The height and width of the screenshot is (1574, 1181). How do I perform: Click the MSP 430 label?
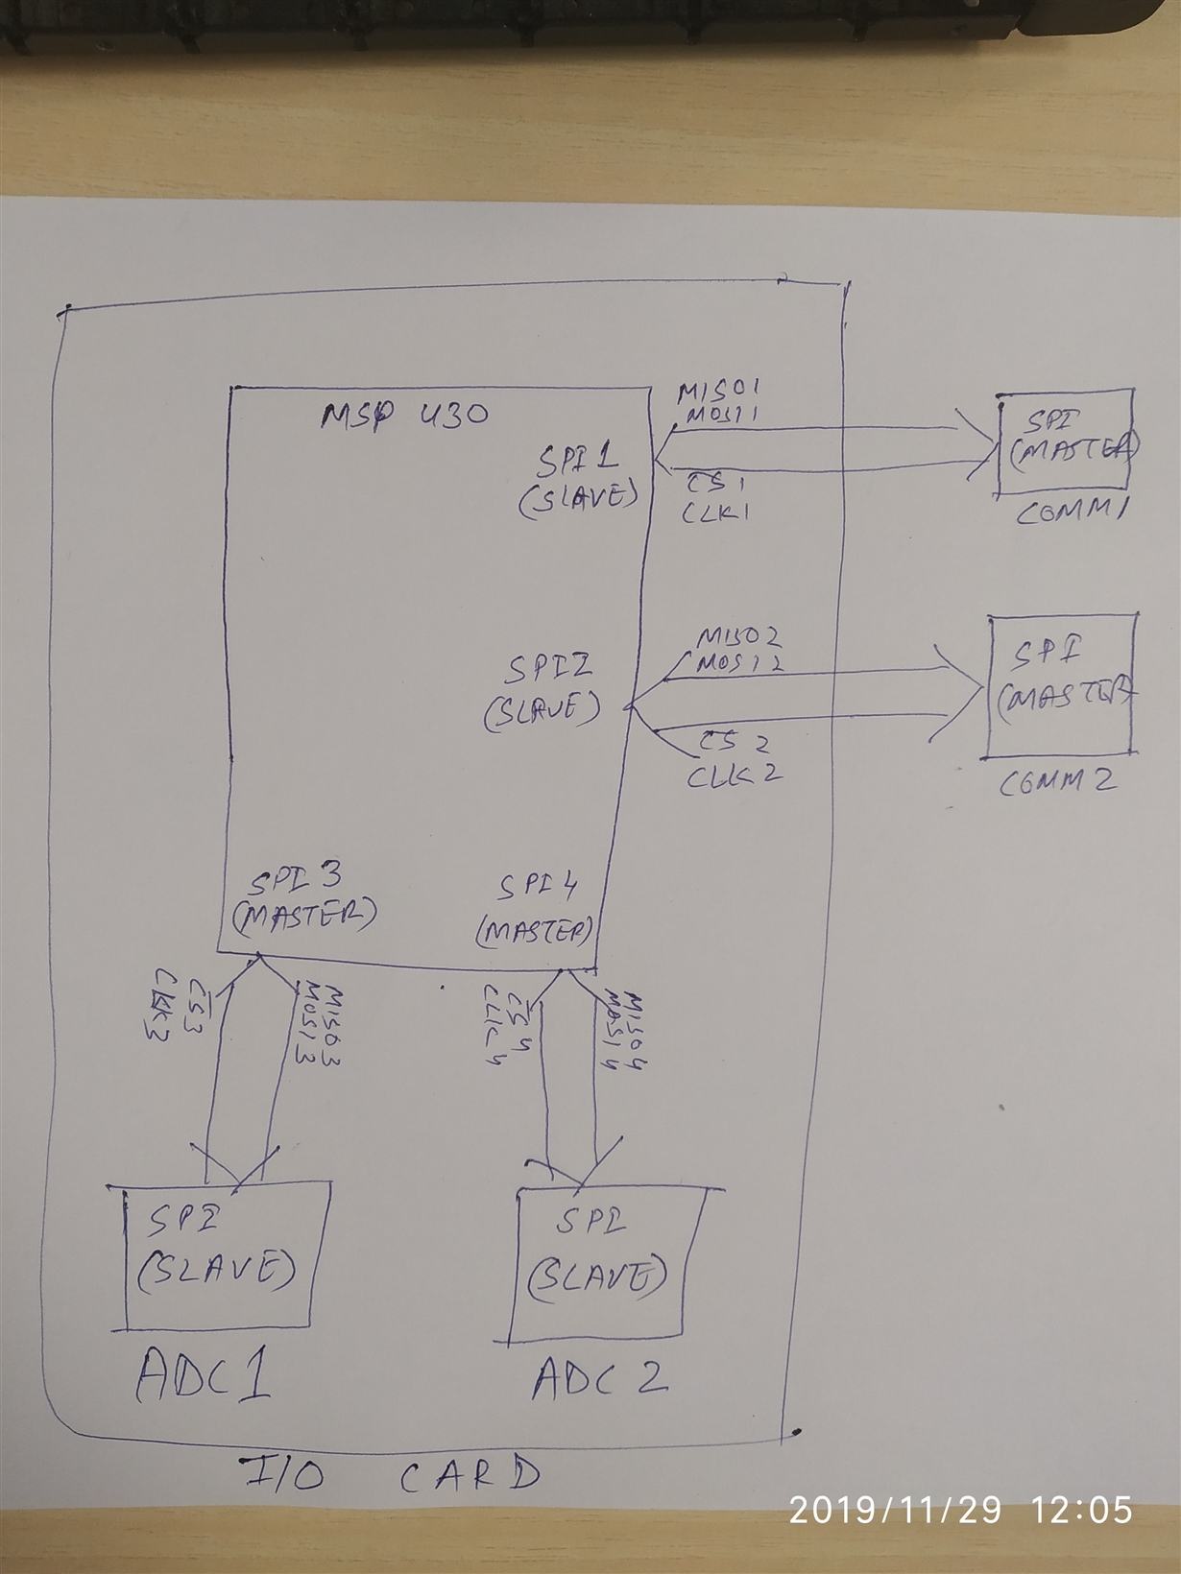tap(404, 416)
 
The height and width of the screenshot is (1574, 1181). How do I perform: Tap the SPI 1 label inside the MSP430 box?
tap(577, 462)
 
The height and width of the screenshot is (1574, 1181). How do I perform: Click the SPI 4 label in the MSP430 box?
tap(538, 887)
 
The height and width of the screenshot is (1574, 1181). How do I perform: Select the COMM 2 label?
tap(1056, 781)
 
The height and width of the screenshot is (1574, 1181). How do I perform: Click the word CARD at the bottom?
tap(470, 1475)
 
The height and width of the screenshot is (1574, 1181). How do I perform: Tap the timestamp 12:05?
tap(1082, 1511)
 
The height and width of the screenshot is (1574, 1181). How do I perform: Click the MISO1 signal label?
tap(719, 391)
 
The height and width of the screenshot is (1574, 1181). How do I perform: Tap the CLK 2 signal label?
tap(734, 774)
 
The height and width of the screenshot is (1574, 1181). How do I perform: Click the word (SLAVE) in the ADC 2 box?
tap(596, 1276)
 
